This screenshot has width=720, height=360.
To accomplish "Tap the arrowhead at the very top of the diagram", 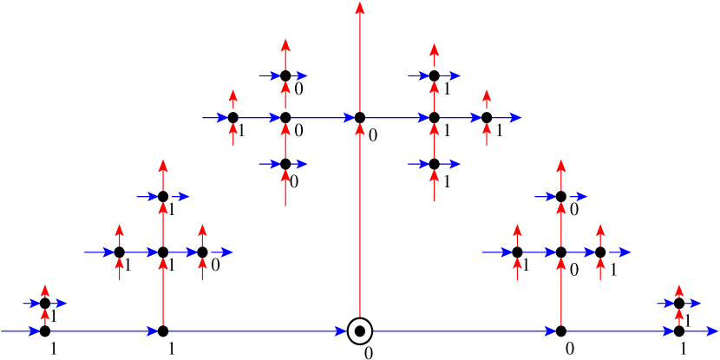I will [x=360, y=8].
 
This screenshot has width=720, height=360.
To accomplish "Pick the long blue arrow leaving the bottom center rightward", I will [x=464, y=331].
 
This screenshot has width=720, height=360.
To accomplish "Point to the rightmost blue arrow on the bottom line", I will [x=702, y=331].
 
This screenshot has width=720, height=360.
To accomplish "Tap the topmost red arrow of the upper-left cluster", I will [x=285, y=53].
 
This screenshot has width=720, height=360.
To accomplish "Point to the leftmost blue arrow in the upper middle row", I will [x=214, y=118].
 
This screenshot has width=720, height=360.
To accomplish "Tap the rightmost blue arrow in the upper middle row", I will [x=507, y=118].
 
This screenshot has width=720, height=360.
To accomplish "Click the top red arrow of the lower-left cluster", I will [x=163, y=173].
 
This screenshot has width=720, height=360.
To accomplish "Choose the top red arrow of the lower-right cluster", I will [x=561, y=173].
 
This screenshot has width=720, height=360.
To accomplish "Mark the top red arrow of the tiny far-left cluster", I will [x=45, y=291].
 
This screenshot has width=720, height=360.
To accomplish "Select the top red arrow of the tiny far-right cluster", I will [x=679, y=291].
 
